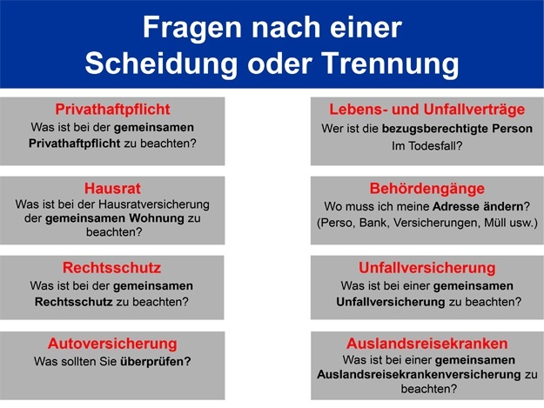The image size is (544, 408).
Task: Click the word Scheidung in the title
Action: coord(161,64)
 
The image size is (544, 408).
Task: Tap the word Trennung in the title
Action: coord(390,64)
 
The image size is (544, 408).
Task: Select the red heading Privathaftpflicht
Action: coord(112,110)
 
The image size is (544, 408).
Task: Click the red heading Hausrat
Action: coord(112,189)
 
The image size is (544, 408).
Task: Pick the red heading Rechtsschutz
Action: coord(111,268)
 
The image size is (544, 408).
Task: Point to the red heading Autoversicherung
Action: coord(112,344)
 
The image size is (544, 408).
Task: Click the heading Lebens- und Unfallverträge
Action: coord(427,110)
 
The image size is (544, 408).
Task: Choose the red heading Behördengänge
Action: coord(427,189)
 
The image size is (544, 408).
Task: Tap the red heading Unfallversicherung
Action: coord(427,268)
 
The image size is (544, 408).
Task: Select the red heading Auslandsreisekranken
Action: coord(427,344)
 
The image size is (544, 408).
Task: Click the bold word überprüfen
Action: coord(156,362)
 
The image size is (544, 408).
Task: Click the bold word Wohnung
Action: coord(157,218)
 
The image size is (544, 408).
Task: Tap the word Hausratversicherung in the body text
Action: coord(154,204)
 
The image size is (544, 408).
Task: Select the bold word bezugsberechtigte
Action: coord(435,129)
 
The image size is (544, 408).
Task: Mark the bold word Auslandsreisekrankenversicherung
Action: coord(419,375)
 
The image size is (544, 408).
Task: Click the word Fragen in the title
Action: coord(192,29)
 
